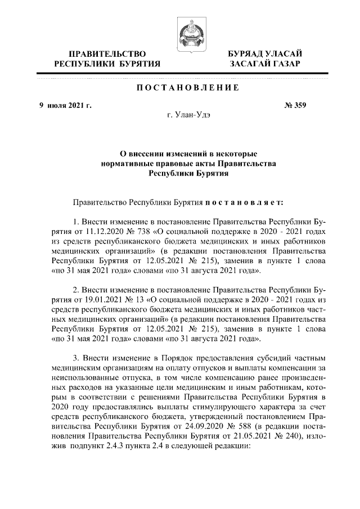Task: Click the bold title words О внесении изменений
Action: [x=157, y=153]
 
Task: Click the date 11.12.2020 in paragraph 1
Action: [x=102, y=231]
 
